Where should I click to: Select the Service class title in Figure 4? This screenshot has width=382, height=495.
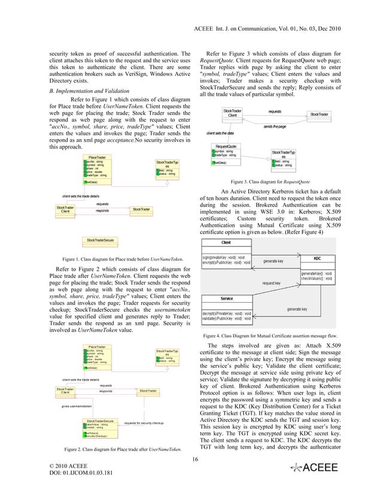[x=227, y=298]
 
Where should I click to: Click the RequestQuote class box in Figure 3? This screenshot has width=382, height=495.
[x=226, y=153]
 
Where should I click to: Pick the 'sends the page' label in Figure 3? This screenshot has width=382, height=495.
[x=275, y=127]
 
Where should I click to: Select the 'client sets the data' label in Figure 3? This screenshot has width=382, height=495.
[x=220, y=132]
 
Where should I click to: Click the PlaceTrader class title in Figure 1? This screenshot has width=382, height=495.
[x=98, y=158]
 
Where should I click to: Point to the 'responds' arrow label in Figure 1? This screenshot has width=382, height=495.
[x=102, y=211]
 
